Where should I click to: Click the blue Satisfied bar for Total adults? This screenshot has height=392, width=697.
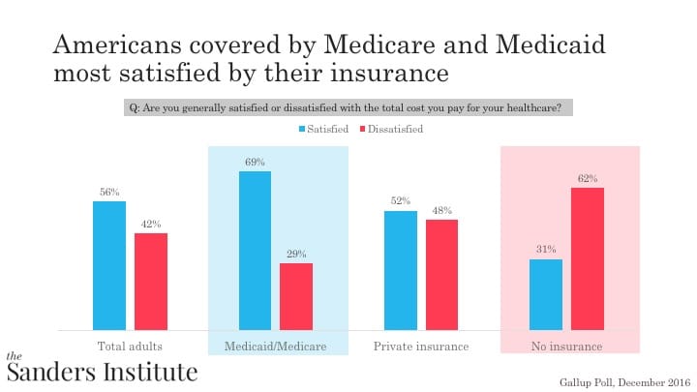109,265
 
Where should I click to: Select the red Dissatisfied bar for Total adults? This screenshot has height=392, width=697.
151,281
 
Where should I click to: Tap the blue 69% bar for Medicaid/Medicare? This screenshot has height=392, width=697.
255,250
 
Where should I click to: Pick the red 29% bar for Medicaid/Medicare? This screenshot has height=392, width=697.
296,296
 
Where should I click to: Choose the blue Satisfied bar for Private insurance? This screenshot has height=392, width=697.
401,270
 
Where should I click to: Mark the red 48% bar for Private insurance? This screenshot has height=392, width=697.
442,274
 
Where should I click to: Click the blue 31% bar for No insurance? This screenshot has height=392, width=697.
546,294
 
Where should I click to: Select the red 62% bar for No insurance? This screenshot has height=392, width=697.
588,258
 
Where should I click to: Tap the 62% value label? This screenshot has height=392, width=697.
588,179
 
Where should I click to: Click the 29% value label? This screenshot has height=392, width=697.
296,255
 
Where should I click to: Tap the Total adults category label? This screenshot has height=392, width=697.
130,347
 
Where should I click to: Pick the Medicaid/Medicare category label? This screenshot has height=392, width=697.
276,347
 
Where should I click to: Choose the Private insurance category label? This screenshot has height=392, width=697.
421,347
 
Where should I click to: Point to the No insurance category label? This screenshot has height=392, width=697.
567,347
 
